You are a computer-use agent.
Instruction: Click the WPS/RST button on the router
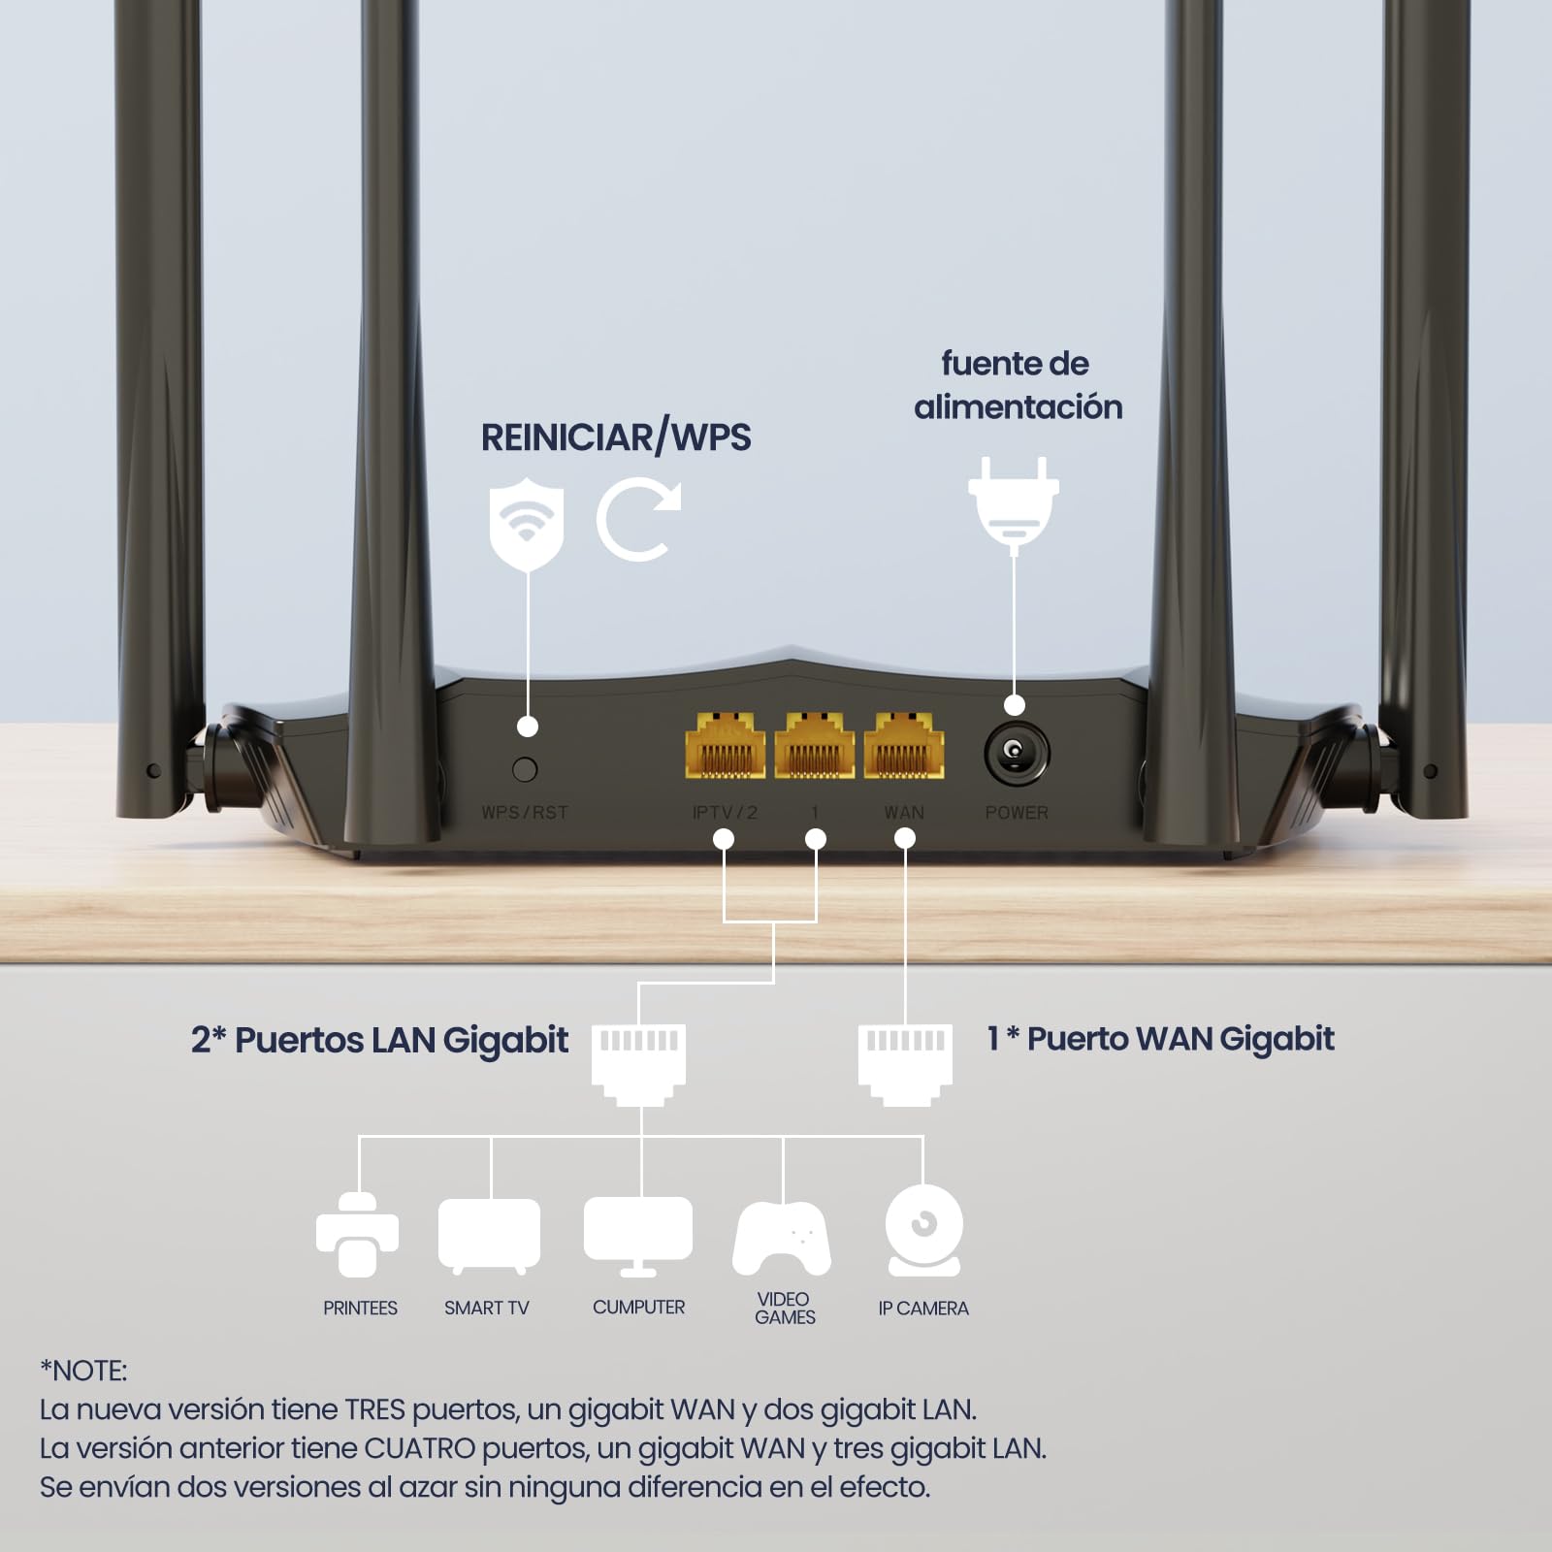525,769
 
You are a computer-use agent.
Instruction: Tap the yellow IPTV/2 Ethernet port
725,745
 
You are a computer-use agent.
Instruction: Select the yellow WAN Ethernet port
904,745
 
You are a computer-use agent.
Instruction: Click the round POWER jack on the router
1016,753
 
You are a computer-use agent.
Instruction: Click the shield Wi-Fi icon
526,524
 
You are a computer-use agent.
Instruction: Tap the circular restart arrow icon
637,521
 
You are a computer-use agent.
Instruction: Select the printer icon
358,1235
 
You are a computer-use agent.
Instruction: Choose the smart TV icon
489,1236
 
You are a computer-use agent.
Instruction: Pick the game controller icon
782,1239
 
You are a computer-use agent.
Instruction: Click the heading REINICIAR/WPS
616,437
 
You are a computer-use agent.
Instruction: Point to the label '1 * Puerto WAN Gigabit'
1160,1039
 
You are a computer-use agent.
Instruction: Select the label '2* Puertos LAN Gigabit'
379,1040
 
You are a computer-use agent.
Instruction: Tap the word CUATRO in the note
420,1448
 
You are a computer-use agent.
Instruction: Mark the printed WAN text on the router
904,813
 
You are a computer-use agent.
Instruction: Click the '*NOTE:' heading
83,1371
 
